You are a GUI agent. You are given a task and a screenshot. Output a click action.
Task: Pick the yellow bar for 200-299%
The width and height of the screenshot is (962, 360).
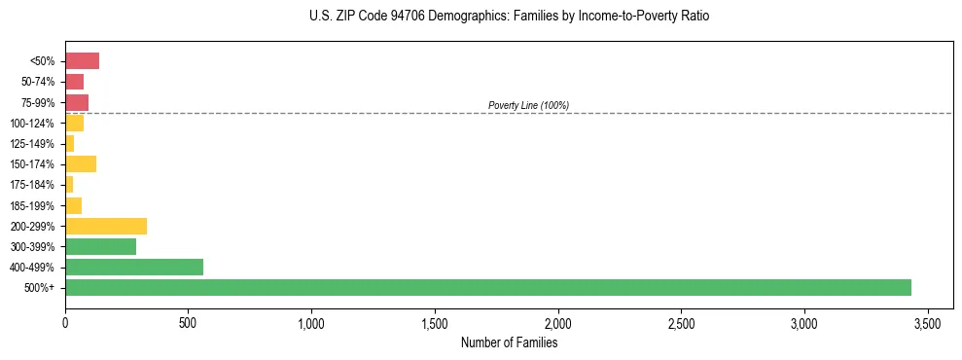pos(106,226)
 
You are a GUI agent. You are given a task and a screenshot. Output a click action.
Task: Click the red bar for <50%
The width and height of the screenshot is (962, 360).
pos(82,61)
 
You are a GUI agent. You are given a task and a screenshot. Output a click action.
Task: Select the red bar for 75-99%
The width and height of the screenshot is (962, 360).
pos(77,102)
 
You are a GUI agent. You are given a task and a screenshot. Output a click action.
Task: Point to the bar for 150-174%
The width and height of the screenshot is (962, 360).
pos(81,163)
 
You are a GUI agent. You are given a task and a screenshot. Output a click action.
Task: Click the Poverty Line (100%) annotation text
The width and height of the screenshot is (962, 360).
pos(528,105)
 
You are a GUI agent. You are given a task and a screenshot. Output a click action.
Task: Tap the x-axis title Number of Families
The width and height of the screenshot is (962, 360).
pos(509,342)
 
